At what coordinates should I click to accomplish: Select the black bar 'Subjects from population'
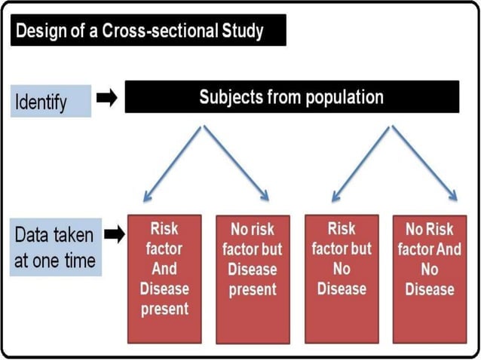click(291, 98)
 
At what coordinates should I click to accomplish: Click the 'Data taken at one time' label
click(55, 248)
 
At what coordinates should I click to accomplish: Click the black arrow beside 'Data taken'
click(114, 236)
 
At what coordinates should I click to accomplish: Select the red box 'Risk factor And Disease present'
click(164, 277)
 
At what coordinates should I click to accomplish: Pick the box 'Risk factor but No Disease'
click(342, 277)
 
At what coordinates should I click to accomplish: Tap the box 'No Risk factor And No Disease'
click(430, 277)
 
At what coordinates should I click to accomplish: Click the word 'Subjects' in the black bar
click(229, 98)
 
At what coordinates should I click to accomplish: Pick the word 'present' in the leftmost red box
click(164, 308)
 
